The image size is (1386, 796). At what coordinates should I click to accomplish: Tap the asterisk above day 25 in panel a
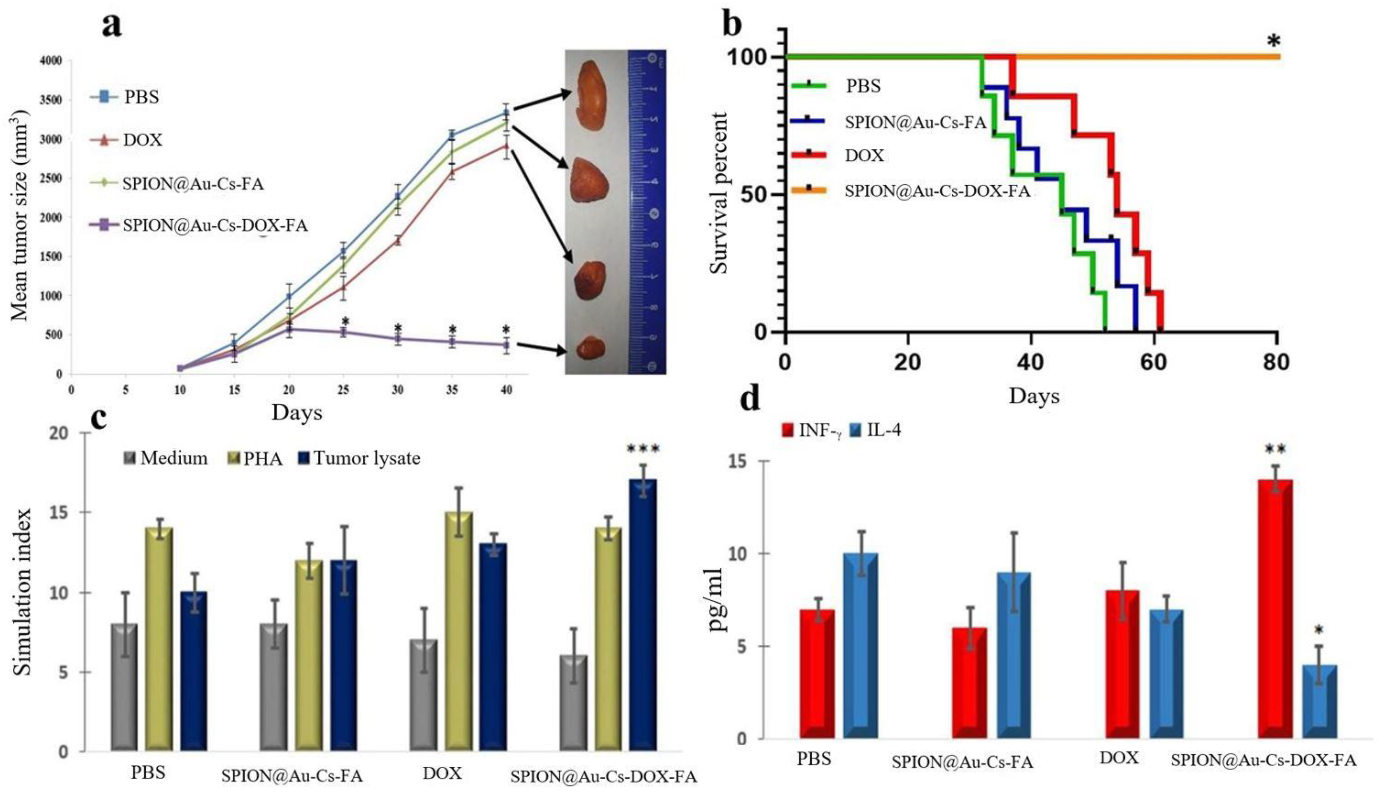click(x=345, y=321)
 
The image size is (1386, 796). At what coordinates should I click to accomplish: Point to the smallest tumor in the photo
click(x=591, y=348)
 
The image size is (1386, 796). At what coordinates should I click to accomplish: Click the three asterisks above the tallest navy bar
click(x=643, y=449)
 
